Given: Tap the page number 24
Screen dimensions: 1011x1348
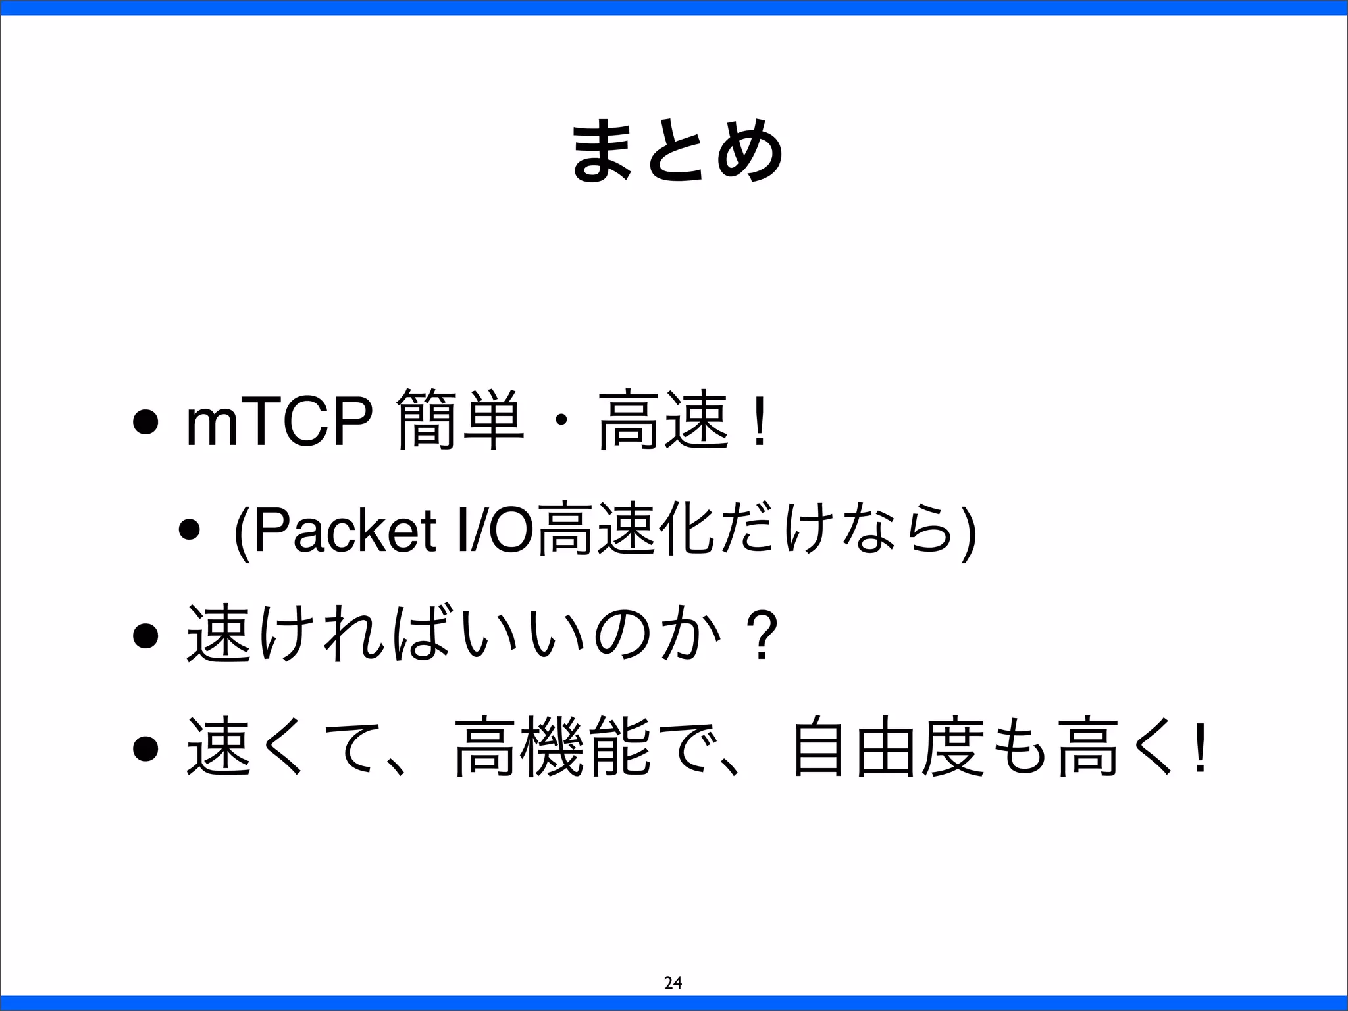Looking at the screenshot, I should tap(673, 983).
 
